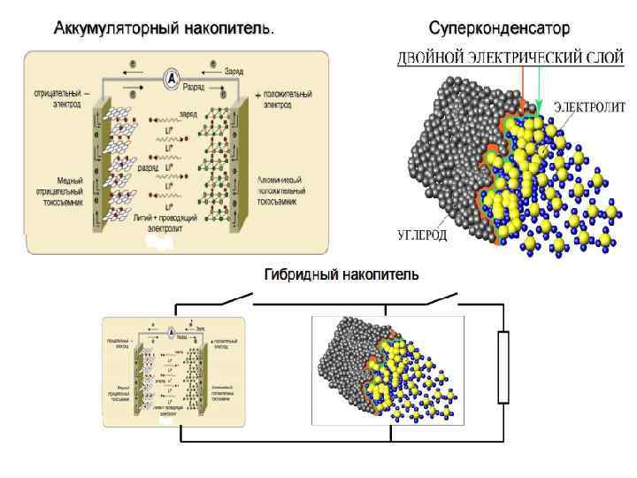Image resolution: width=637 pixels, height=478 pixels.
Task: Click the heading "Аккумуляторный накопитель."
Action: pyautogui.click(x=164, y=29)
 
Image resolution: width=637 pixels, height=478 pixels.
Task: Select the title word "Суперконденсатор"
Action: pyautogui.click(x=499, y=29)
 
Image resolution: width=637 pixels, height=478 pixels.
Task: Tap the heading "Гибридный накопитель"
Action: pyautogui.click(x=342, y=275)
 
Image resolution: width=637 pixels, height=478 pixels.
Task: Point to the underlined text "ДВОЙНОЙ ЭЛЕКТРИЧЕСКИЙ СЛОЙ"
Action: pyautogui.click(x=510, y=58)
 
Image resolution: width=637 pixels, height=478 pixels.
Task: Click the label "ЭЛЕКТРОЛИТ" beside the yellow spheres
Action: pyautogui.click(x=589, y=107)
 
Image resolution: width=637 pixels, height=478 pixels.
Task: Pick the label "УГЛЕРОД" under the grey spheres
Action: pyautogui.click(x=420, y=235)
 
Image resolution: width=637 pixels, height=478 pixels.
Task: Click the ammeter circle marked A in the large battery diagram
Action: pyautogui.click(x=172, y=79)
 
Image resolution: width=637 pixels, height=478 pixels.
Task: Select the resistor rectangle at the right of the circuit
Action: pyautogui.click(x=504, y=366)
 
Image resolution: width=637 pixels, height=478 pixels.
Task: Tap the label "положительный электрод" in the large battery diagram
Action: pyautogui.click(x=284, y=98)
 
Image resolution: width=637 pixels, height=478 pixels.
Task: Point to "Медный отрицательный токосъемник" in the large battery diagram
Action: pyautogui.click(x=59, y=190)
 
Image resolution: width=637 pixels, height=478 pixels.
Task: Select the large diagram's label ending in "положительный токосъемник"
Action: pyautogui.click(x=282, y=190)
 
